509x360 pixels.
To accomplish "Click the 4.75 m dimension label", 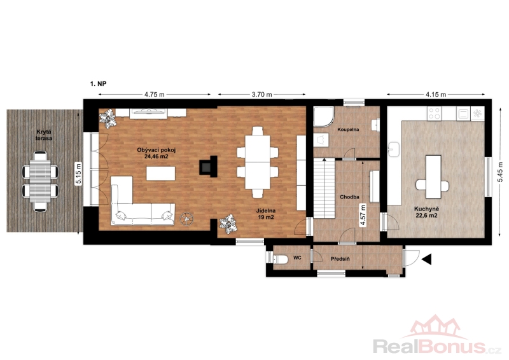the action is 154,95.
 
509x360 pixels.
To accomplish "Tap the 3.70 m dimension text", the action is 261,95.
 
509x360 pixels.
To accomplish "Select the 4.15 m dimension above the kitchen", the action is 436,95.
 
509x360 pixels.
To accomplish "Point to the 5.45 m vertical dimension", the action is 501,172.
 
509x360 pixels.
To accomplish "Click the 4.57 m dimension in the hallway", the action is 363,215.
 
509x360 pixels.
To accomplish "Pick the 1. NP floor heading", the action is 99,84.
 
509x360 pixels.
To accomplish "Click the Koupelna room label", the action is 348,130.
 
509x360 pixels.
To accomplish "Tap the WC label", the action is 297,258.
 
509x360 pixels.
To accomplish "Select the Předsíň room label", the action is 340,259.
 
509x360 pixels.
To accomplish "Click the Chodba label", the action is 349,197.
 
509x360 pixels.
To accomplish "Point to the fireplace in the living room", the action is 208,166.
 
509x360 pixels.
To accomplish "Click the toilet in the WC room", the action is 281,260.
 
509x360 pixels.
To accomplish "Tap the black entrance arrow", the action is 426,259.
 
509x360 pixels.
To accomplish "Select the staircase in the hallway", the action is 324,188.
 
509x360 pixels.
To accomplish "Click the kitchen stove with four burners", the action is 435,114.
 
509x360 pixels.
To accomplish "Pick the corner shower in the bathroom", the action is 323,116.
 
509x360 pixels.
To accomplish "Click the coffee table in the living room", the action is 161,174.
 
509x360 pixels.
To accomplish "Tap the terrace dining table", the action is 40,181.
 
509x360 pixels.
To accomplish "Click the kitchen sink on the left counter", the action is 394,149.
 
